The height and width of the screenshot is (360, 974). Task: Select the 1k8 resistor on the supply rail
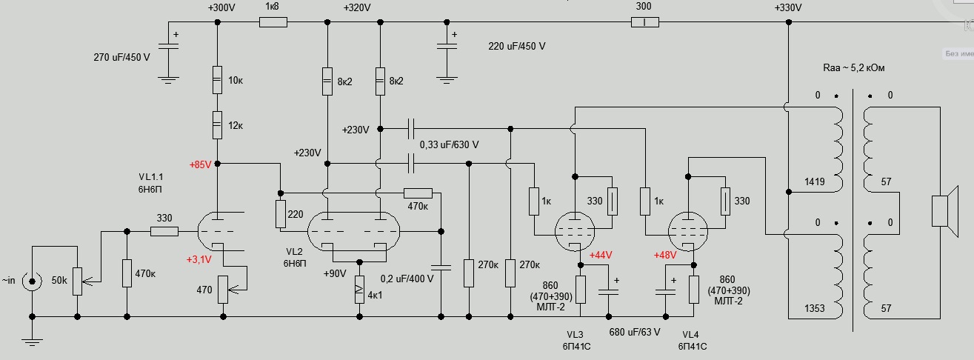(x=273, y=23)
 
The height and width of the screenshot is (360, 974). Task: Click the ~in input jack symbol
(x=31, y=281)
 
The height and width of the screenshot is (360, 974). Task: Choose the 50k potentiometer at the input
(x=77, y=281)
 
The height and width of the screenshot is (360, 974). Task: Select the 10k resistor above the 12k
(x=217, y=79)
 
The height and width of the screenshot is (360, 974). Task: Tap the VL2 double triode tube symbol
(x=352, y=232)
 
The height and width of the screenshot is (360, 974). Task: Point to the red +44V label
(x=601, y=256)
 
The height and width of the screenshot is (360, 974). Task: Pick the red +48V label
(x=667, y=256)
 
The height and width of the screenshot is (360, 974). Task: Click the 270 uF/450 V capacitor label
(x=121, y=57)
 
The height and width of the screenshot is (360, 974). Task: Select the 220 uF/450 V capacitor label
(x=516, y=46)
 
